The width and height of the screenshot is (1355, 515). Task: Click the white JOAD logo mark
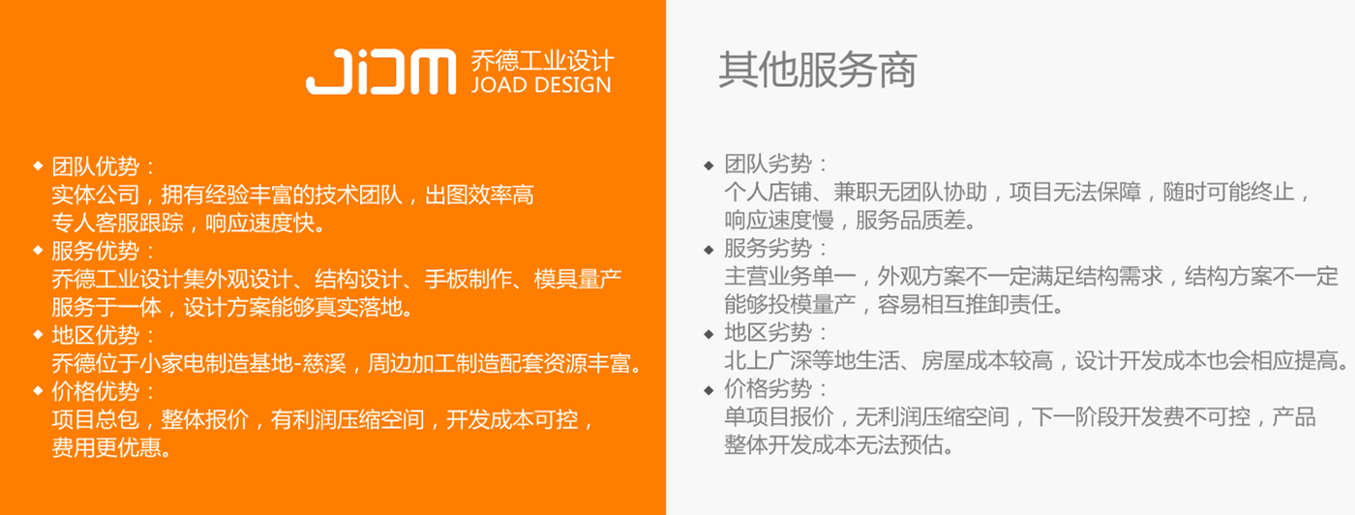point(381,72)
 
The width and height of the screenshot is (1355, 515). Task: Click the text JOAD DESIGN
point(541,85)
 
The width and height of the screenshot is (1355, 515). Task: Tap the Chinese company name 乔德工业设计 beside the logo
point(543,61)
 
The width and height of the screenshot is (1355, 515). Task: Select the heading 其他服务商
point(817,71)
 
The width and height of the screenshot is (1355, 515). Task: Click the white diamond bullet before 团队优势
point(38,166)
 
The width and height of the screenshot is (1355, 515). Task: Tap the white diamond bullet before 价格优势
point(38,390)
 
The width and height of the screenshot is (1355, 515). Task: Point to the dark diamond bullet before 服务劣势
point(708,250)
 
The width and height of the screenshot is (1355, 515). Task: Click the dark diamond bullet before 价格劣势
point(708,390)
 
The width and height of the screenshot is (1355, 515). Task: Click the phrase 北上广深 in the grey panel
point(768,361)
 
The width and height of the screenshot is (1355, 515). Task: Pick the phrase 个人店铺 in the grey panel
point(768,192)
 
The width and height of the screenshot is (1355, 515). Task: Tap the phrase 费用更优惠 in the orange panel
point(106,448)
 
